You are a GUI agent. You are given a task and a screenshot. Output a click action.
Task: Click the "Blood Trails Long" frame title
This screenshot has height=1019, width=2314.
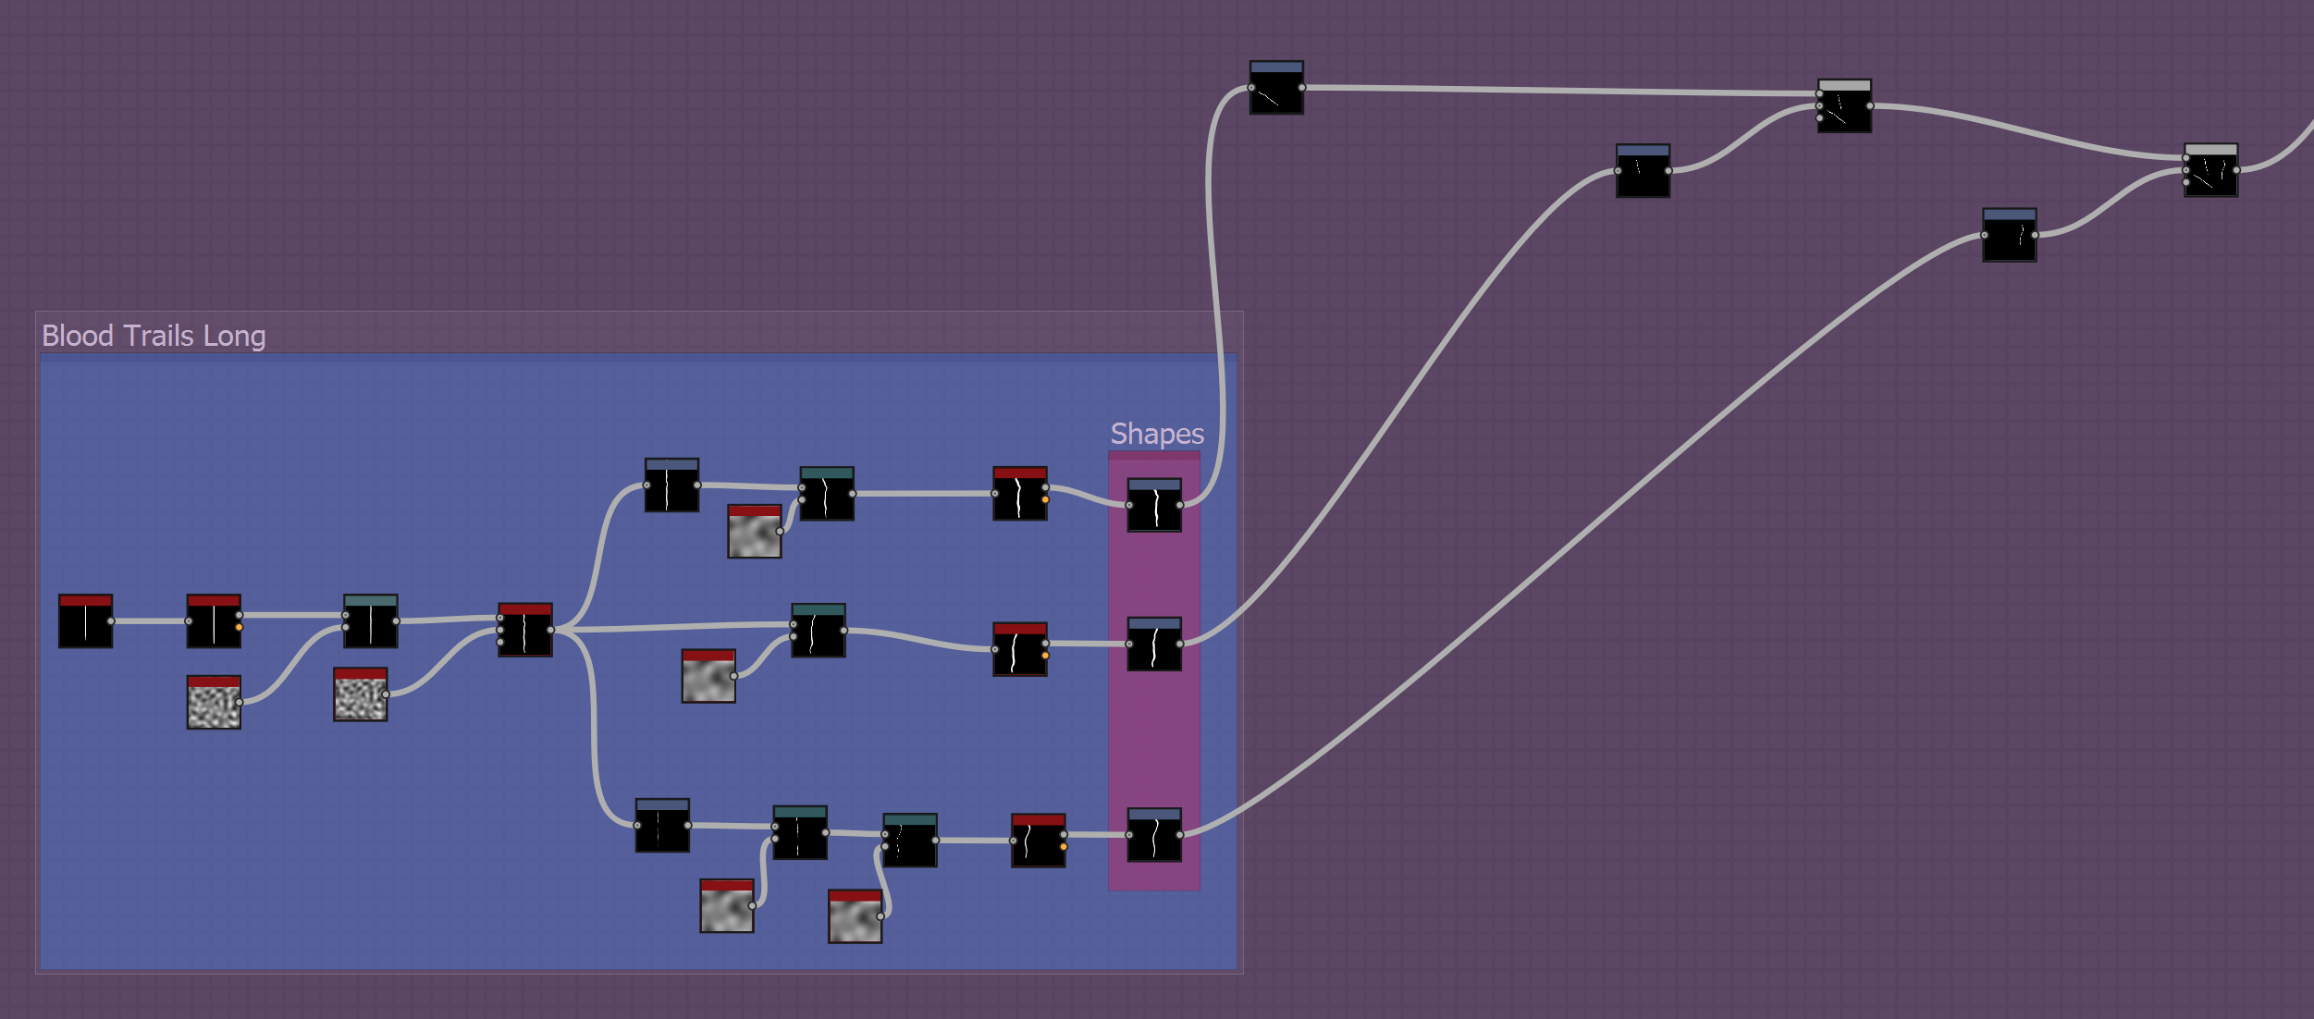coord(154,336)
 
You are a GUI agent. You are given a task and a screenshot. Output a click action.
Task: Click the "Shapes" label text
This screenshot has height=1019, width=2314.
coord(1157,434)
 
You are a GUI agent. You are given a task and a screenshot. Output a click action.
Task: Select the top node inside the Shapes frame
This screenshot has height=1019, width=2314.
coord(1154,505)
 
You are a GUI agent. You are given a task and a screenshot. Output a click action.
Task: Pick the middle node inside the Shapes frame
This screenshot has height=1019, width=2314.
coord(1154,644)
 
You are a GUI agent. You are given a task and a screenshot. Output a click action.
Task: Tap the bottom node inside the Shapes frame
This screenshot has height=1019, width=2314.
coord(1154,835)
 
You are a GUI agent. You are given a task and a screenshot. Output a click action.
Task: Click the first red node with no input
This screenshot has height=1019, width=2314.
coord(85,621)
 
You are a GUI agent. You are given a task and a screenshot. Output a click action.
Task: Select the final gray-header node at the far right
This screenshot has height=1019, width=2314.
coord(2210,170)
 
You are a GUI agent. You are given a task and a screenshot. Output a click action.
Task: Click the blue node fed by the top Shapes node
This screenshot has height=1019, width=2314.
coord(1276,88)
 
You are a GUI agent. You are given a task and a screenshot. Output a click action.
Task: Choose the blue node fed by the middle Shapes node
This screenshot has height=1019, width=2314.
coord(1643,171)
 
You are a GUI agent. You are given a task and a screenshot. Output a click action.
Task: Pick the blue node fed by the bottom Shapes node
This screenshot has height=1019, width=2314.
coord(2009,235)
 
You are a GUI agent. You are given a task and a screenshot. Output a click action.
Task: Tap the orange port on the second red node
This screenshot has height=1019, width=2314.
coord(240,627)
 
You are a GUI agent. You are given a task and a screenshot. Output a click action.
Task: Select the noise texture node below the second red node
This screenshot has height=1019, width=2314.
coord(214,703)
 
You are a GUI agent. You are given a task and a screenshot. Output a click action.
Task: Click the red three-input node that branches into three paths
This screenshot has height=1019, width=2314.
coord(525,631)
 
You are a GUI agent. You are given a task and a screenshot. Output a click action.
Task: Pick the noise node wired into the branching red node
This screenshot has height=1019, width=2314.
coord(361,694)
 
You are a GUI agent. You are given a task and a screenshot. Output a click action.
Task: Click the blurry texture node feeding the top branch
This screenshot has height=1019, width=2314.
coord(754,532)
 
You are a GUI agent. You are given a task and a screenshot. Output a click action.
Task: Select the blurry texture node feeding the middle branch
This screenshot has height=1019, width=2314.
coord(708,676)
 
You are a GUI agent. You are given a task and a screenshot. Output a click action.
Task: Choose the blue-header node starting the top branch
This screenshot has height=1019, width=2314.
coord(671,485)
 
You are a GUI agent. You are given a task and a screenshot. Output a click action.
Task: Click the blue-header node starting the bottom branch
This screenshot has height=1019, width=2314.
coord(662,826)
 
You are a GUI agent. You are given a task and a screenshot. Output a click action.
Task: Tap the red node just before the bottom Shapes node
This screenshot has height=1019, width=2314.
coord(1038,841)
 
